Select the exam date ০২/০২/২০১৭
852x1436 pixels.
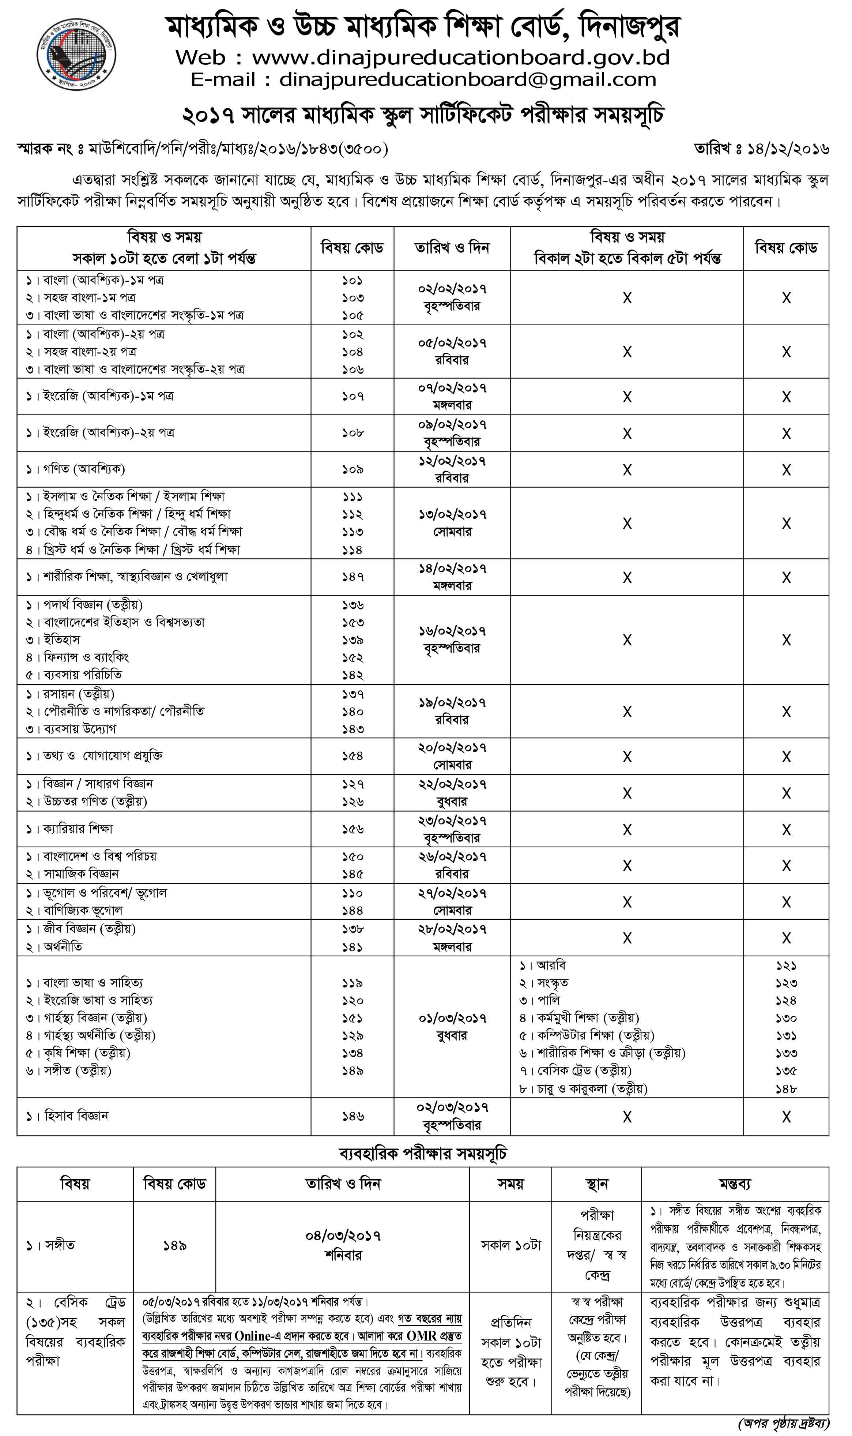coord(452,288)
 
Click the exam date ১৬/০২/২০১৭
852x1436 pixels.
coord(452,631)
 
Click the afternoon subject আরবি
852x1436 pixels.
coord(551,966)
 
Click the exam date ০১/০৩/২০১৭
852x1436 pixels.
coord(452,1019)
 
